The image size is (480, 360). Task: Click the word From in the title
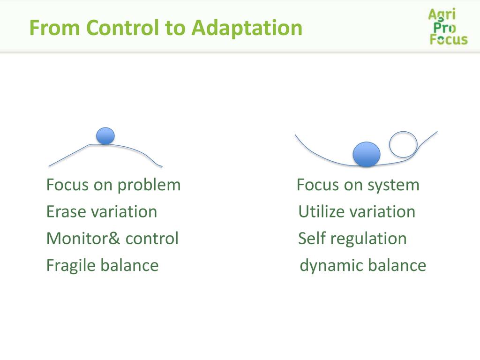tap(55, 28)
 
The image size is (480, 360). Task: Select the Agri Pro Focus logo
tap(448, 27)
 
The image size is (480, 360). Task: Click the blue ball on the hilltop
tap(105, 135)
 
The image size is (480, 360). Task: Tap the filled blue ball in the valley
tap(367, 154)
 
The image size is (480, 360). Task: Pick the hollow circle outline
tap(390, 144)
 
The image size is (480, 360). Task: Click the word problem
tap(149, 186)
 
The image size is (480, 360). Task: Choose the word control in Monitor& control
tap(152, 239)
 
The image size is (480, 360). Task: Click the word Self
tap(312, 238)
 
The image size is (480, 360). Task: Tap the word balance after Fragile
tap(130, 265)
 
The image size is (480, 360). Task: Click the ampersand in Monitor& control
tap(114, 239)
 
